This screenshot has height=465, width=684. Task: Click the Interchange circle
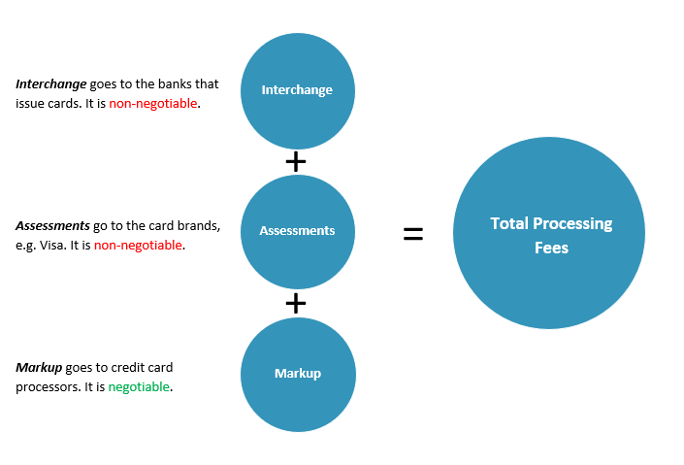297,90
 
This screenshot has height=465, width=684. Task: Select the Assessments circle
297,231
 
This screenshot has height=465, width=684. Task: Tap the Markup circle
297,374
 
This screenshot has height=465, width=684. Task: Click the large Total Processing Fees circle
549,233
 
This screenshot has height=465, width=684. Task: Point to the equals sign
413,233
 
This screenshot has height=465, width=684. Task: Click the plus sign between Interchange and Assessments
297,161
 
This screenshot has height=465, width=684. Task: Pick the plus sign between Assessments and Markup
297,303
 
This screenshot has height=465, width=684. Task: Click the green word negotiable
139,386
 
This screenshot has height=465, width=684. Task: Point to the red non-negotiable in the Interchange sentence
153,103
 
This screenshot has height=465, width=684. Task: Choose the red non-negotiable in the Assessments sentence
138,245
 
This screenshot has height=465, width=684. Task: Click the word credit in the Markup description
120,368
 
